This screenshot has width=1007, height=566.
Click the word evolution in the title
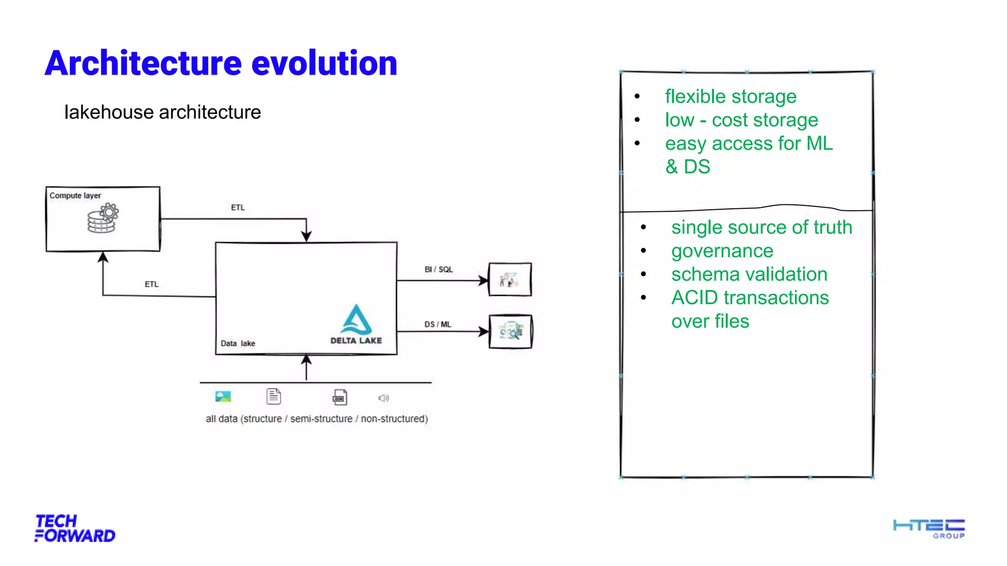(x=324, y=63)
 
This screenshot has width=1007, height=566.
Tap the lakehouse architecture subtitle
(x=162, y=113)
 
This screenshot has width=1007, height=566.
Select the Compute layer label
(x=75, y=196)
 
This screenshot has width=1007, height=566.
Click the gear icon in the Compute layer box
(x=109, y=213)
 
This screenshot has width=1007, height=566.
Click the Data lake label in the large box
(x=237, y=343)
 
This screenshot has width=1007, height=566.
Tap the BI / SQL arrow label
(x=439, y=269)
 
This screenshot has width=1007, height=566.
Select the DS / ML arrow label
(x=438, y=324)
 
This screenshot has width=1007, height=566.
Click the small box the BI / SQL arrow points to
(x=510, y=280)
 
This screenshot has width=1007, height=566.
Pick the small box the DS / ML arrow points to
(x=510, y=332)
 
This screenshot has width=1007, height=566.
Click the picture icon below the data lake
(x=223, y=396)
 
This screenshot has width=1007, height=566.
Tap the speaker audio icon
(x=384, y=398)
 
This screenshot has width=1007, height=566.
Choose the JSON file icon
(x=340, y=397)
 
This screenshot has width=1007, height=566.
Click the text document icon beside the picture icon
(x=274, y=396)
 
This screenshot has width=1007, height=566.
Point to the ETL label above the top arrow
(x=237, y=207)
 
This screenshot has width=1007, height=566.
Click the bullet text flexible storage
(x=730, y=96)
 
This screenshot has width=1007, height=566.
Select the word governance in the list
(x=722, y=251)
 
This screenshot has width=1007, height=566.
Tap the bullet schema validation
(x=749, y=274)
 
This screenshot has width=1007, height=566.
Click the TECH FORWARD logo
(x=75, y=528)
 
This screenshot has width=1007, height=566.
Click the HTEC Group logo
(x=929, y=529)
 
